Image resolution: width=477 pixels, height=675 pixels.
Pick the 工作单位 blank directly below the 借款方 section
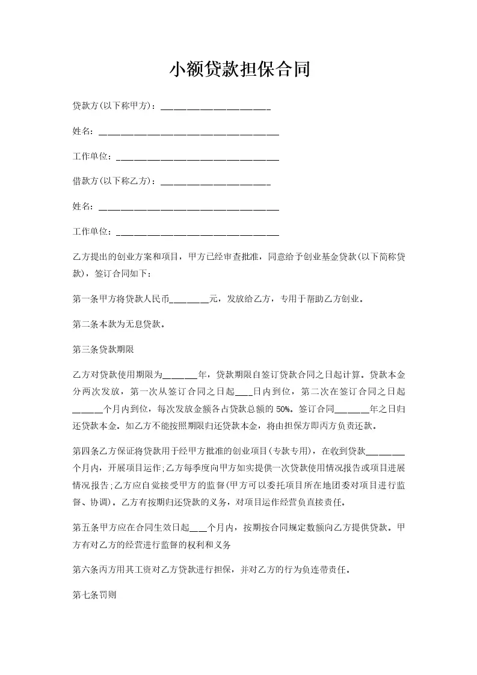(197, 232)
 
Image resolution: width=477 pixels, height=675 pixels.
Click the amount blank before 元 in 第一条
(189, 299)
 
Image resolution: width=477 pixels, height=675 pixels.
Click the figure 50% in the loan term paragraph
(283, 409)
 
